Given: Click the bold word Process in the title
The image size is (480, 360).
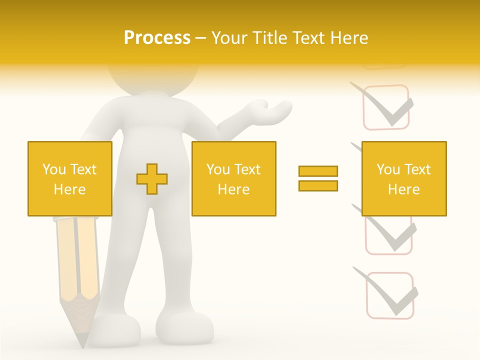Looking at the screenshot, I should [x=157, y=38].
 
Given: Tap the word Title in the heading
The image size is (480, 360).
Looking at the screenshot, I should [x=270, y=38].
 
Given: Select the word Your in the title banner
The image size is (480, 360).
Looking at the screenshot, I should [x=229, y=38].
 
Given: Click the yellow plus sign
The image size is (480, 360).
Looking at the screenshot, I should [x=152, y=179].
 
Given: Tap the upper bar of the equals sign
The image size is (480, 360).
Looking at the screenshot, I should [x=318, y=171].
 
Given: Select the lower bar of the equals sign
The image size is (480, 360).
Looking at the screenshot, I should [x=318, y=185].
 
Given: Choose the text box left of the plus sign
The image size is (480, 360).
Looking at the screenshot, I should [x=69, y=179].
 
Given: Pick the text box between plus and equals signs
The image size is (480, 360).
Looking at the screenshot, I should [x=233, y=179].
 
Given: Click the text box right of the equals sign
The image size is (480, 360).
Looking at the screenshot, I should [x=403, y=179].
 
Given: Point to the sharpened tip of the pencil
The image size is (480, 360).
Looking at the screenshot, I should [x=81, y=340].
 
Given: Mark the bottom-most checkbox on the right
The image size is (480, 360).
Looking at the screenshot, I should [x=389, y=295].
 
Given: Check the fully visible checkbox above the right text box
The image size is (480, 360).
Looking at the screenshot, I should [x=385, y=107].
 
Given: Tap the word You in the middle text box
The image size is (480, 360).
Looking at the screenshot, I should [x=218, y=169].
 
